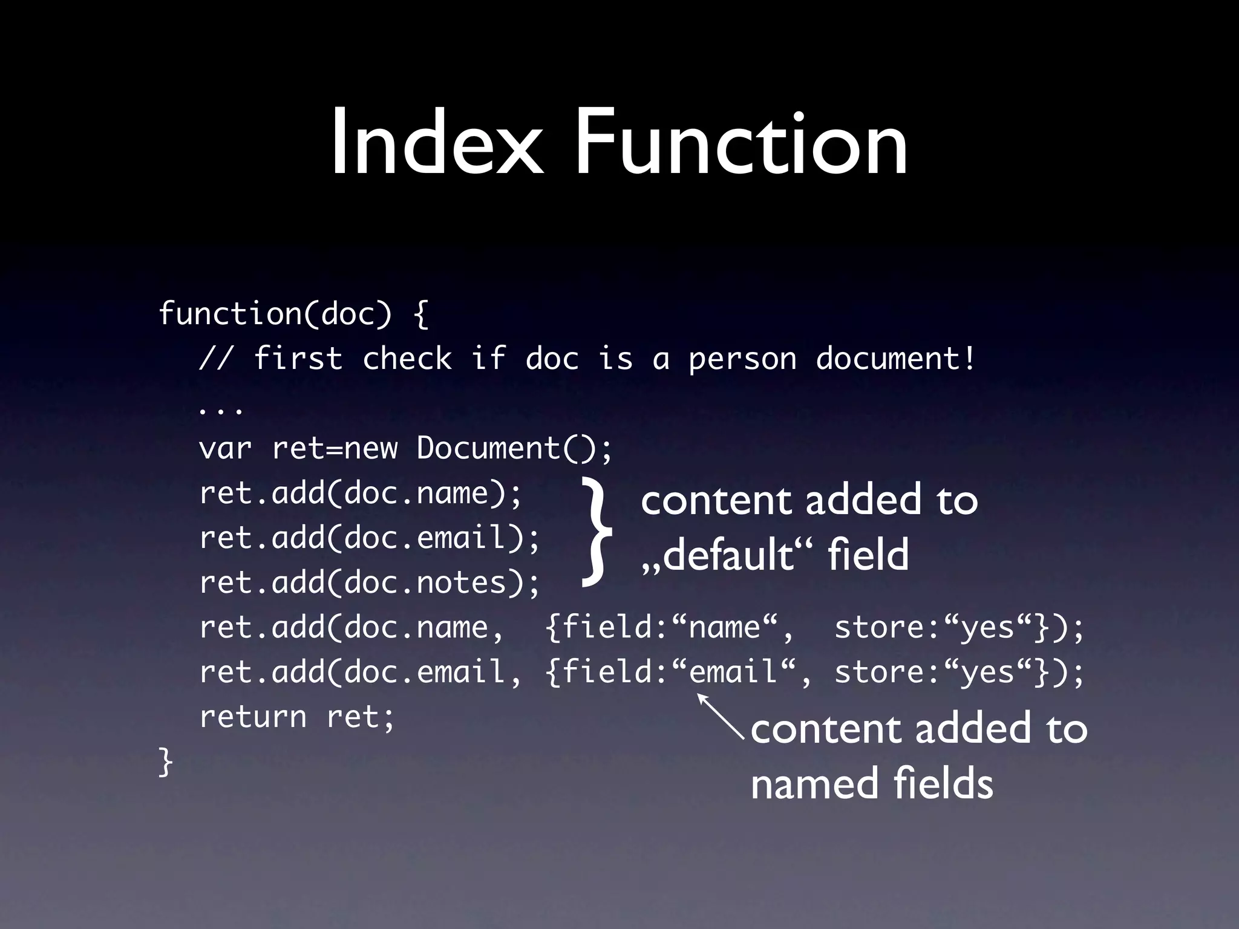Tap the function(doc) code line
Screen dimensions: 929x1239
(293, 314)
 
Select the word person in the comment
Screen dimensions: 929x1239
(742, 359)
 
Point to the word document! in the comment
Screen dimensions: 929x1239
(895, 358)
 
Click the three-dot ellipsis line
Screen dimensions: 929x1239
(221, 410)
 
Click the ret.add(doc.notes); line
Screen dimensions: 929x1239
(369, 583)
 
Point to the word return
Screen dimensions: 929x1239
(253, 717)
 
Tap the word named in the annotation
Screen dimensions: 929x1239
(814, 784)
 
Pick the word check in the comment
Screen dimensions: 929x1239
(407, 359)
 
